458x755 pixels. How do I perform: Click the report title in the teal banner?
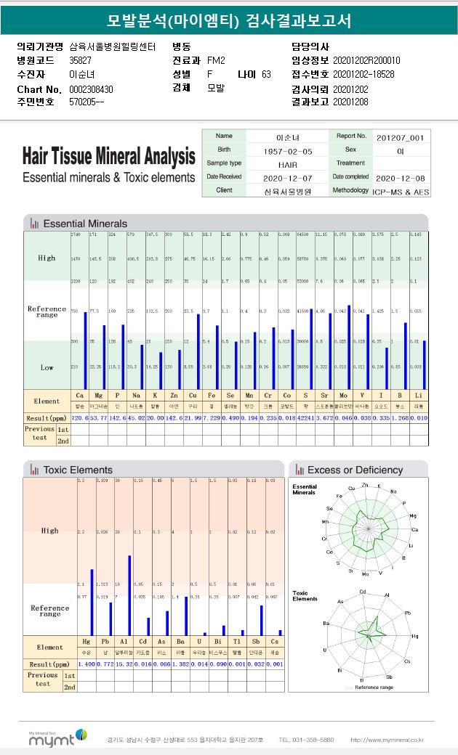[x=229, y=20]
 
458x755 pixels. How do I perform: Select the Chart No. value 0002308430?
[x=91, y=89]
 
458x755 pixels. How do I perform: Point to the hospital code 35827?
[x=80, y=61]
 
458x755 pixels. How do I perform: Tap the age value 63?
[x=266, y=75]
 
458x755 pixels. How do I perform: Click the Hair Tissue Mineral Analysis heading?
[x=109, y=156]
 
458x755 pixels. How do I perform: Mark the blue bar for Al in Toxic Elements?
[x=129, y=595]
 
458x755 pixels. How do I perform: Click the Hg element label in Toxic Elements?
[x=87, y=642]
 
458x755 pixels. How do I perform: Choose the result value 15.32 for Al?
[x=125, y=664]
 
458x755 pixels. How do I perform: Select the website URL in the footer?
[x=387, y=740]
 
